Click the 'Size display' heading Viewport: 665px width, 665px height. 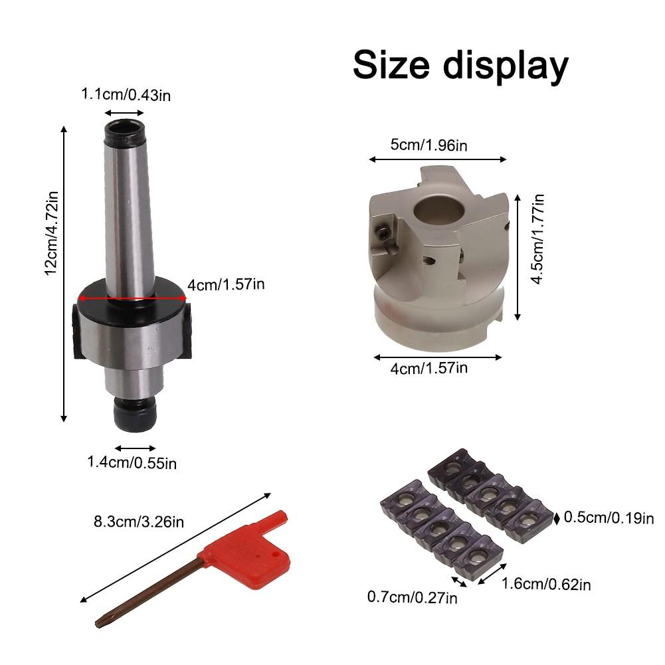[x=460, y=65]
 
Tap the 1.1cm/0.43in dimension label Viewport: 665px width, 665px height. [x=126, y=94]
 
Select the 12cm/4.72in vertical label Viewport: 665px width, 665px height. [x=51, y=233]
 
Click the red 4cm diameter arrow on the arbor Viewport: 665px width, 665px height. [x=132, y=298]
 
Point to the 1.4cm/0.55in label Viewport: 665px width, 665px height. [x=132, y=462]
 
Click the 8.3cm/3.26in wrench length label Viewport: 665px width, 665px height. [x=139, y=522]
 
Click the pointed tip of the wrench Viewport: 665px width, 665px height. [x=97, y=624]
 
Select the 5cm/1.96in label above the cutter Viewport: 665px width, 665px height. [x=428, y=145]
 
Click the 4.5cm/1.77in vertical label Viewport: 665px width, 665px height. [x=537, y=239]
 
